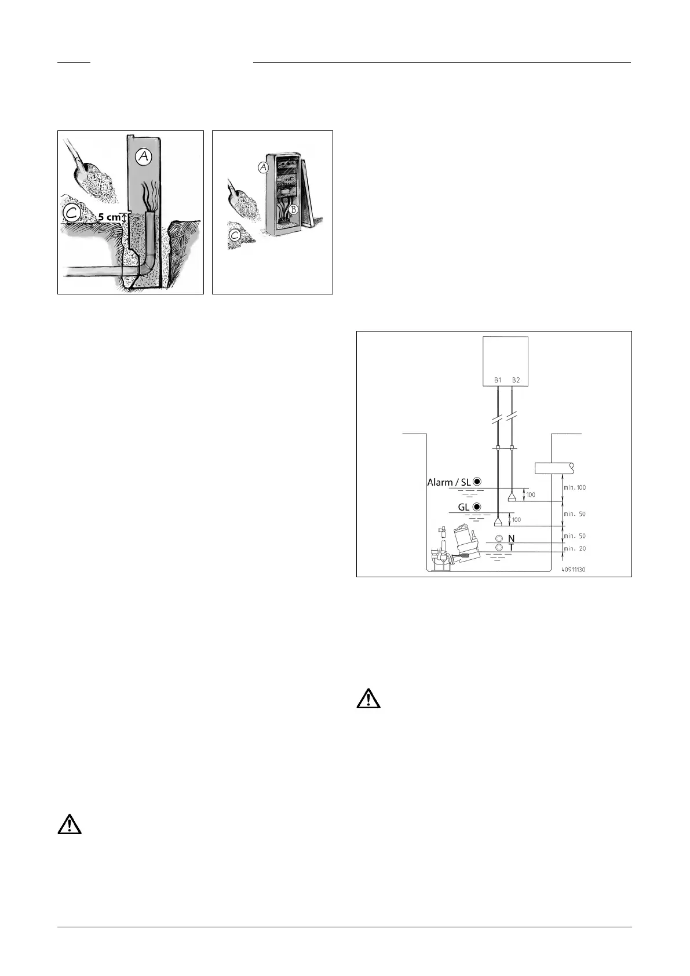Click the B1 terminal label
click(498, 380)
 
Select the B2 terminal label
click(516, 380)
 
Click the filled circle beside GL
click(477, 507)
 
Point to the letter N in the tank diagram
click(511, 538)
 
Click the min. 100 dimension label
click(575, 487)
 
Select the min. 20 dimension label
click(575, 548)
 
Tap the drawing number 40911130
click(573, 569)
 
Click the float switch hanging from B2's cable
click(512, 497)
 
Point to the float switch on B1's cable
click(498, 522)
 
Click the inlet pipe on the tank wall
click(554, 468)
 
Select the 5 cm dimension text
click(109, 218)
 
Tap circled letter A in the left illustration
click(143, 156)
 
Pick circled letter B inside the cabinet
click(293, 210)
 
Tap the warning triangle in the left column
click(70, 824)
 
